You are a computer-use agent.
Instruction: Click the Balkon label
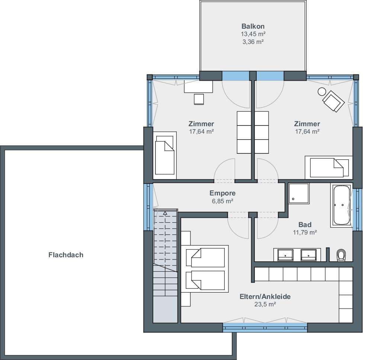253,26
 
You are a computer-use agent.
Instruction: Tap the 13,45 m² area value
253,34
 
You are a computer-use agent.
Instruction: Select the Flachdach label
66,255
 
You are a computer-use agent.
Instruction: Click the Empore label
222,193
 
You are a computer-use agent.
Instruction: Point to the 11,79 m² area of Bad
305,232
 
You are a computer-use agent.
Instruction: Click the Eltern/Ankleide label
265,296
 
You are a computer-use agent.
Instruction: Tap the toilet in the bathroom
341,255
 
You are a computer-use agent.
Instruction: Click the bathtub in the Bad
341,205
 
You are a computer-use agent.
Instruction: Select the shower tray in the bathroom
299,193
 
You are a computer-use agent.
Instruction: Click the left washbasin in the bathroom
285,255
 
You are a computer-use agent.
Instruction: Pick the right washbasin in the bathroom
308,255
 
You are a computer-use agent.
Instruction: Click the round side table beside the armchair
322,92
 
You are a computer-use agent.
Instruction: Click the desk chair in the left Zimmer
199,99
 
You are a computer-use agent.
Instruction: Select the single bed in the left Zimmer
165,155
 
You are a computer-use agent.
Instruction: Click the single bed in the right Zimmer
329,168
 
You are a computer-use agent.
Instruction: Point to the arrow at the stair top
165,213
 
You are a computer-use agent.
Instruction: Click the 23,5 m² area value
265,304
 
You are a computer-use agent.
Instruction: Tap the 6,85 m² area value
222,201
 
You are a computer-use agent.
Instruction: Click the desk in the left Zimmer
199,86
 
